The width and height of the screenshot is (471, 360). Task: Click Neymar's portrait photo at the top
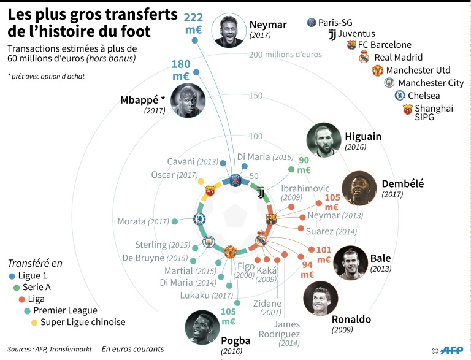231,30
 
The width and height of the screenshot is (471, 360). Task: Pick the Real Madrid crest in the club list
364,58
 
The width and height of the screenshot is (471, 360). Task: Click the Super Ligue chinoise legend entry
83,322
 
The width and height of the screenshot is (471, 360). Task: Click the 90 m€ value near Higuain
304,165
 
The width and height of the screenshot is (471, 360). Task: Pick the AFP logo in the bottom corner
450,350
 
